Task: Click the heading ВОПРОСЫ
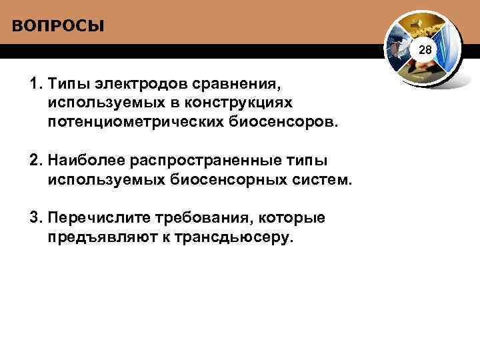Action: [58, 27]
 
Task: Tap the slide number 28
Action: [425, 51]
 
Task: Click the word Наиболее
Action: [88, 161]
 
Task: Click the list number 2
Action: [34, 161]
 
